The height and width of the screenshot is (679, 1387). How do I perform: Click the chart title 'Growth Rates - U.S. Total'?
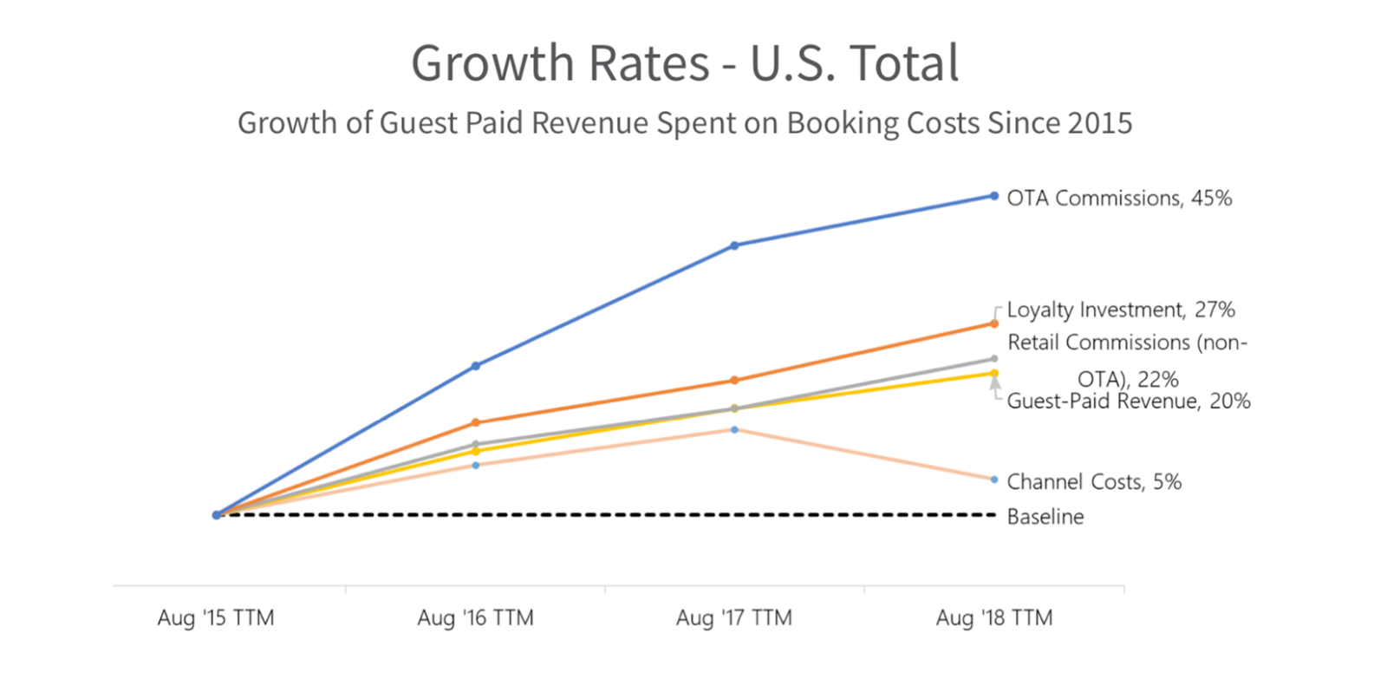tap(685, 63)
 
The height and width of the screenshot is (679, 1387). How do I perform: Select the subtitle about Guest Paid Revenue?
tap(685, 123)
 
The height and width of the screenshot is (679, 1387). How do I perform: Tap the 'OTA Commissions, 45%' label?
tap(1118, 199)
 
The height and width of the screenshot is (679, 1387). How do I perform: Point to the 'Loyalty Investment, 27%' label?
tap(1120, 310)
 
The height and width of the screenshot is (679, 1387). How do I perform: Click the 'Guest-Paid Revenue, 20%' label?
tap(1128, 402)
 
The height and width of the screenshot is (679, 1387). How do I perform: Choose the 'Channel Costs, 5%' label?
tap(1093, 482)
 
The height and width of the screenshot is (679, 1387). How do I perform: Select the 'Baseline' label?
tap(1045, 517)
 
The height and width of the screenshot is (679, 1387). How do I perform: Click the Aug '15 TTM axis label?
tap(216, 618)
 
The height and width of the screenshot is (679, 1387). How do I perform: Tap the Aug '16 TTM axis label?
tap(475, 618)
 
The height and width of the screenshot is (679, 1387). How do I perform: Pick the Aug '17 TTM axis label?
tap(734, 618)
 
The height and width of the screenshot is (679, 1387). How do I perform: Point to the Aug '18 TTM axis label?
tap(994, 618)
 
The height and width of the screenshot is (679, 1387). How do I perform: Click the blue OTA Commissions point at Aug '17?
tap(734, 245)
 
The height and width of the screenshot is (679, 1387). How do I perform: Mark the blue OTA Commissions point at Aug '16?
tap(475, 366)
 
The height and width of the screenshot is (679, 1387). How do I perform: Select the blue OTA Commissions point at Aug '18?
tap(994, 196)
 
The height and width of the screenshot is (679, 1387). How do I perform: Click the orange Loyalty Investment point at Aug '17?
tap(734, 380)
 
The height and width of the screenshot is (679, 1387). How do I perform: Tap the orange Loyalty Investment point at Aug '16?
tap(475, 423)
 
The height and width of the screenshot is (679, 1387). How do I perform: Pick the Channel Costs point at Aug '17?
tap(734, 430)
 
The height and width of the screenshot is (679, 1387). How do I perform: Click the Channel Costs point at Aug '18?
tap(994, 480)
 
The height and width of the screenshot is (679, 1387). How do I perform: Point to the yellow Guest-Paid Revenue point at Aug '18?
tap(994, 374)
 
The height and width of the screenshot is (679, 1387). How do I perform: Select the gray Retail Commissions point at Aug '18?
tap(994, 358)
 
